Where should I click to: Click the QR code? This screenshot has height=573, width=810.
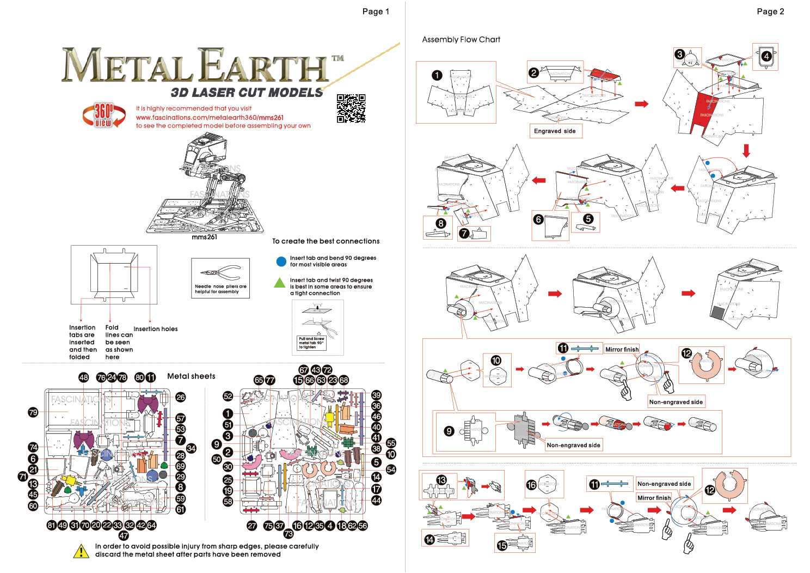[x=351, y=108]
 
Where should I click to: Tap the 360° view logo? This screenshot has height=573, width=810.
[x=103, y=115]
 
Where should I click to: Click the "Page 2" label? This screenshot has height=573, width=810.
[x=770, y=11]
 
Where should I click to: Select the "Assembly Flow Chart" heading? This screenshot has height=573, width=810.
[x=461, y=40]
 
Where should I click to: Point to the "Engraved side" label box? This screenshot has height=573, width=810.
[x=555, y=131]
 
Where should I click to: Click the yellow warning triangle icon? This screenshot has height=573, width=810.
[x=81, y=551]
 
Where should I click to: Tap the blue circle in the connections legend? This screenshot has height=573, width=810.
[x=281, y=261]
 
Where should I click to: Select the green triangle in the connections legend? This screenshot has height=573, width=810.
[x=280, y=283]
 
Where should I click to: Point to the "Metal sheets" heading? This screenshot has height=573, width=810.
[x=191, y=376]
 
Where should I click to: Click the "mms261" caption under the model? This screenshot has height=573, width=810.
[x=204, y=237]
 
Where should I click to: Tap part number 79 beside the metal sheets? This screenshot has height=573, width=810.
[x=33, y=412]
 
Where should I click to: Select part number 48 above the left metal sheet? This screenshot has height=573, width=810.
[x=83, y=377]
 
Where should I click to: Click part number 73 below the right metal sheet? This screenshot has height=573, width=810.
[x=289, y=534]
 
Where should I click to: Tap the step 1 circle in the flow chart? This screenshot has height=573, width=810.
[x=437, y=75]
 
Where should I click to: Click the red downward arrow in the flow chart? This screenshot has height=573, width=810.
[x=746, y=150]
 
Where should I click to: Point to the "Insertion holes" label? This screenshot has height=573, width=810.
[x=155, y=329]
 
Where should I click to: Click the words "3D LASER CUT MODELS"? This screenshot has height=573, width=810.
[x=247, y=93]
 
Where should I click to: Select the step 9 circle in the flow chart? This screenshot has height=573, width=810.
[x=449, y=431]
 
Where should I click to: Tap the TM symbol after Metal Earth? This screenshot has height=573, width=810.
[x=338, y=58]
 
